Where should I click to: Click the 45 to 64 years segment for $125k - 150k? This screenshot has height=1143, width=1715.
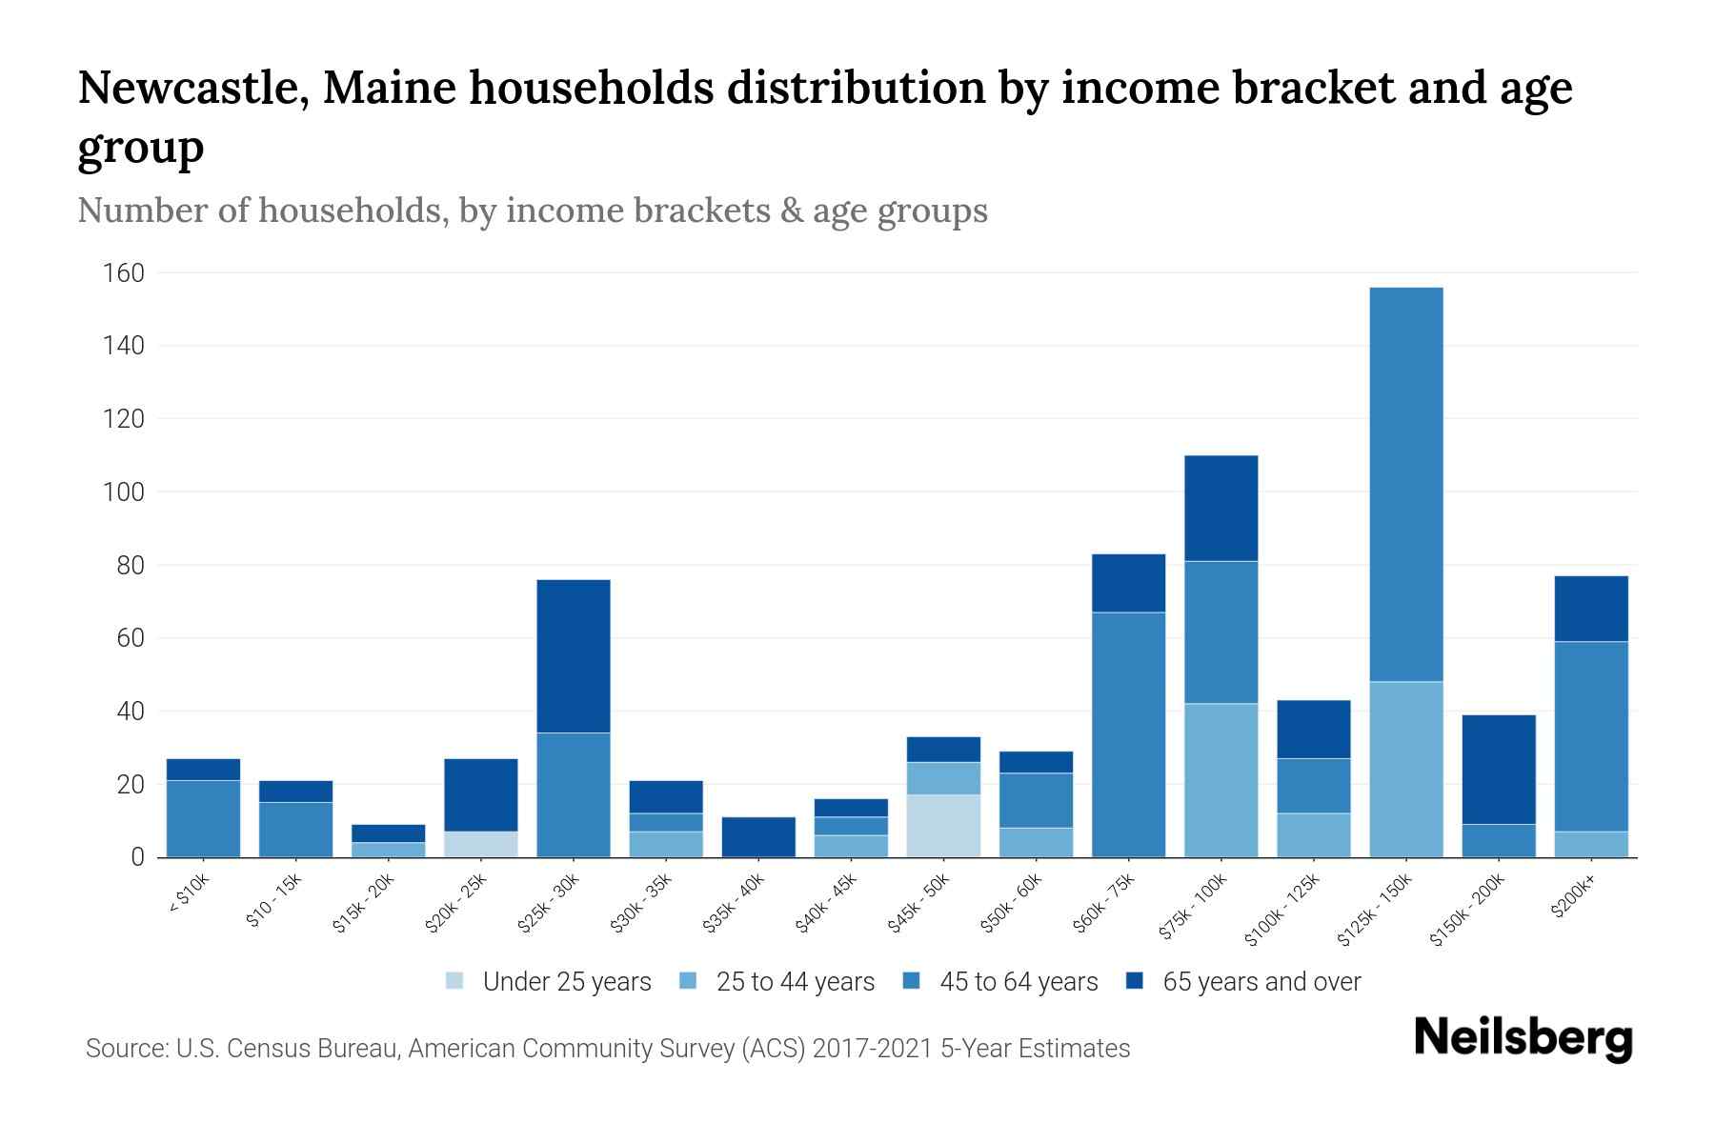[1405, 484]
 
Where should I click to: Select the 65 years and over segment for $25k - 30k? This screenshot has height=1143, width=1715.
[574, 655]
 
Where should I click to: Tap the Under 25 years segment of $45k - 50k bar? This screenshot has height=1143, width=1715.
[943, 826]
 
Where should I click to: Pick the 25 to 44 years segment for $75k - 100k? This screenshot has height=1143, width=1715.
[1221, 780]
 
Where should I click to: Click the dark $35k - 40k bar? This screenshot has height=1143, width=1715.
[758, 837]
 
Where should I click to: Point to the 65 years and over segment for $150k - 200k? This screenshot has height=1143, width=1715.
[1498, 769]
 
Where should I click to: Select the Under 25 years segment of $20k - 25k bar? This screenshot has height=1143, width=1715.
[481, 844]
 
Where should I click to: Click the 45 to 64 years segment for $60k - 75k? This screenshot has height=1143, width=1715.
[1128, 734]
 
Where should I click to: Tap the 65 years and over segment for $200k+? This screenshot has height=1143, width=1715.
[1590, 609]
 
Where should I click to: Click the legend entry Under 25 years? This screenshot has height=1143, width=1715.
[567, 982]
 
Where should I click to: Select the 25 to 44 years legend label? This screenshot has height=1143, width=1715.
[795, 982]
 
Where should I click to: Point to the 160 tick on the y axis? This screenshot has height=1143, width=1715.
[124, 273]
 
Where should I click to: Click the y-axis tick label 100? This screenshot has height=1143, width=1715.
[124, 492]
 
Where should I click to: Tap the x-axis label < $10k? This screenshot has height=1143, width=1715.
[189, 895]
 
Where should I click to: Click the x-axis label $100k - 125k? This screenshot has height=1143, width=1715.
[1282, 911]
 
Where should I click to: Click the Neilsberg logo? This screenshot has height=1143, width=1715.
[1523, 1038]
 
